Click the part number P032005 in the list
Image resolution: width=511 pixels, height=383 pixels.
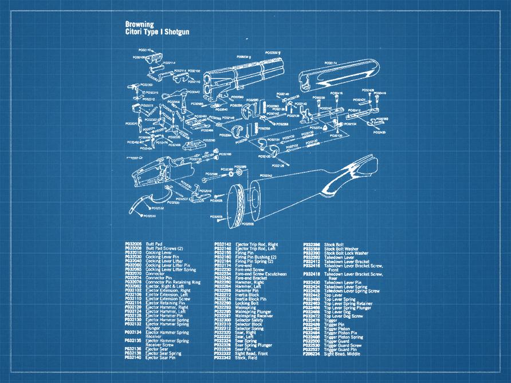tap(133, 243)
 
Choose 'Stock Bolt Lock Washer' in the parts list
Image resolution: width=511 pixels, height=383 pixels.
tap(346, 252)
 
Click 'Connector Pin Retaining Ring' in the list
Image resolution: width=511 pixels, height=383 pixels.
tap(173, 282)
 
